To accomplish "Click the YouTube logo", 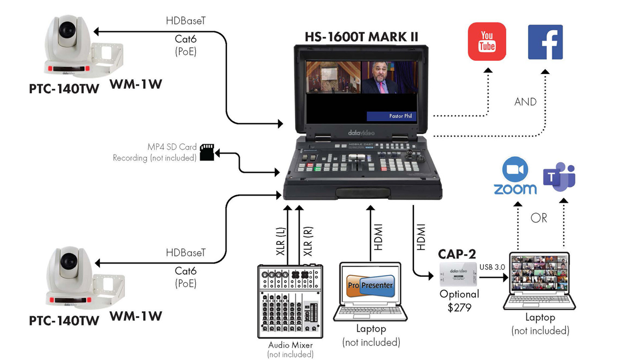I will pos(487,42).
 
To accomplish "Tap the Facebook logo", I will pos(545,42).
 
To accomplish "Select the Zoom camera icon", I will pos(515,170).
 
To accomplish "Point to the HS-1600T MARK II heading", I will pos(361,37).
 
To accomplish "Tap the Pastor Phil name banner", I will pos(392,116).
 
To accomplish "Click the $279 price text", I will pos(459,307).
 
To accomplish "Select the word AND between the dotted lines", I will pos(525,102).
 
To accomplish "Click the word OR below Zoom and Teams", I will pos(539,218).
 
